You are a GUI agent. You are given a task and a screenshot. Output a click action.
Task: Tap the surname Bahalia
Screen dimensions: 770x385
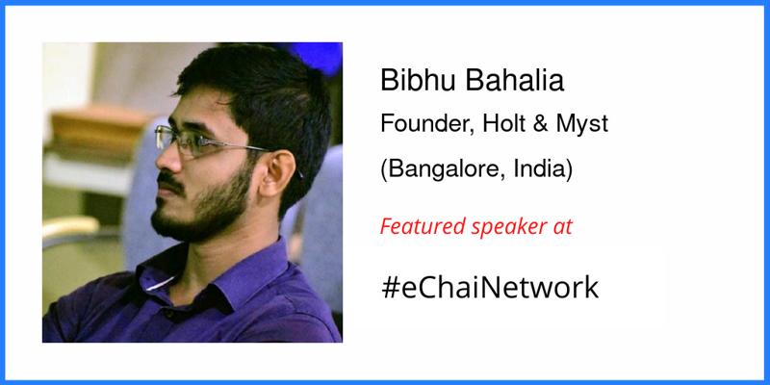[515, 81]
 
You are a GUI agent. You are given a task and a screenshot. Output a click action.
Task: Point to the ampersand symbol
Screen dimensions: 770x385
[540, 124]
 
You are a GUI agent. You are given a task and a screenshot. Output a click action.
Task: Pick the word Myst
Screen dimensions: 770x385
[582, 125]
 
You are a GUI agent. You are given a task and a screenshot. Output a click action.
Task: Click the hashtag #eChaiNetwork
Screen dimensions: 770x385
[490, 288]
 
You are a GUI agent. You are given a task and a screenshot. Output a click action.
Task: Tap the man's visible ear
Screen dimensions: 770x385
[275, 173]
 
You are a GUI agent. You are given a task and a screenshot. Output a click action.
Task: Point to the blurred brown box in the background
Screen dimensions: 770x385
[98, 128]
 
